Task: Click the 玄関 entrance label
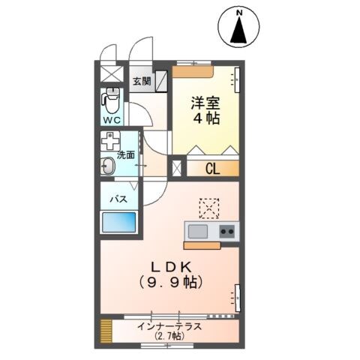142,81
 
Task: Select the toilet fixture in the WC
112,98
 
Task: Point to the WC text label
111,120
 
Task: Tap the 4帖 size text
205,118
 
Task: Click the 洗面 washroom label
126,156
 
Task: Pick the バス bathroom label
118,199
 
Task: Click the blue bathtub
119,222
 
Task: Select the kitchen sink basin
198,231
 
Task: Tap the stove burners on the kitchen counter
227,231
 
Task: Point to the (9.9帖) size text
172,283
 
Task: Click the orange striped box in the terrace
106,330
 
